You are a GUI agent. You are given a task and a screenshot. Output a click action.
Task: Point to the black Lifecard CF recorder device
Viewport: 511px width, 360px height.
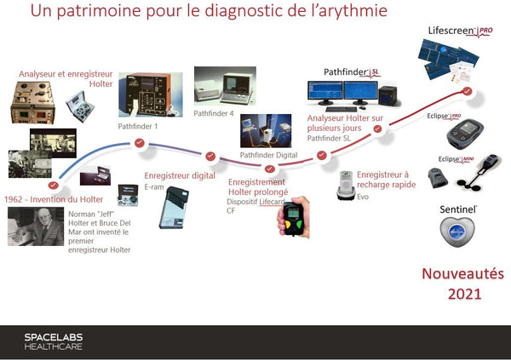(294, 220)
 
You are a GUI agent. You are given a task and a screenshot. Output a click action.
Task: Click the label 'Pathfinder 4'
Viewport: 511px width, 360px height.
(214, 112)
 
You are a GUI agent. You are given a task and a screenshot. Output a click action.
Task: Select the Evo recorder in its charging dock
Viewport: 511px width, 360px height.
(346, 185)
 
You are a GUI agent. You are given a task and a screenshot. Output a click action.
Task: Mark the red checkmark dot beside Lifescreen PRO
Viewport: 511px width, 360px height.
(467, 92)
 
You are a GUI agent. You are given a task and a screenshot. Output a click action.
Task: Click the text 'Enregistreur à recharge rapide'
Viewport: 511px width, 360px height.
(383, 180)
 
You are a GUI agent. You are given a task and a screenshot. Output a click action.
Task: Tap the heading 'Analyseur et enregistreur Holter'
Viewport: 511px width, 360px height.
(55, 78)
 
